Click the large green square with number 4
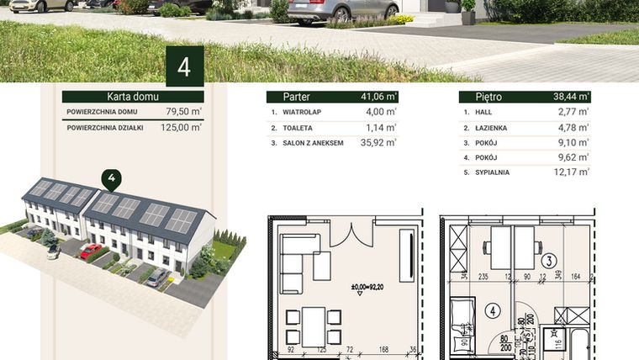pyautogui.click(x=184, y=66)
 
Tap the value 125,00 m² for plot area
pyautogui.click(x=180, y=128)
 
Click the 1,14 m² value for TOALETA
pyautogui.click(x=380, y=128)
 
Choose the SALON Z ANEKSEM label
pyautogui.click(x=313, y=144)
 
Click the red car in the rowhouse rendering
pyautogui.click(x=91, y=251)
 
